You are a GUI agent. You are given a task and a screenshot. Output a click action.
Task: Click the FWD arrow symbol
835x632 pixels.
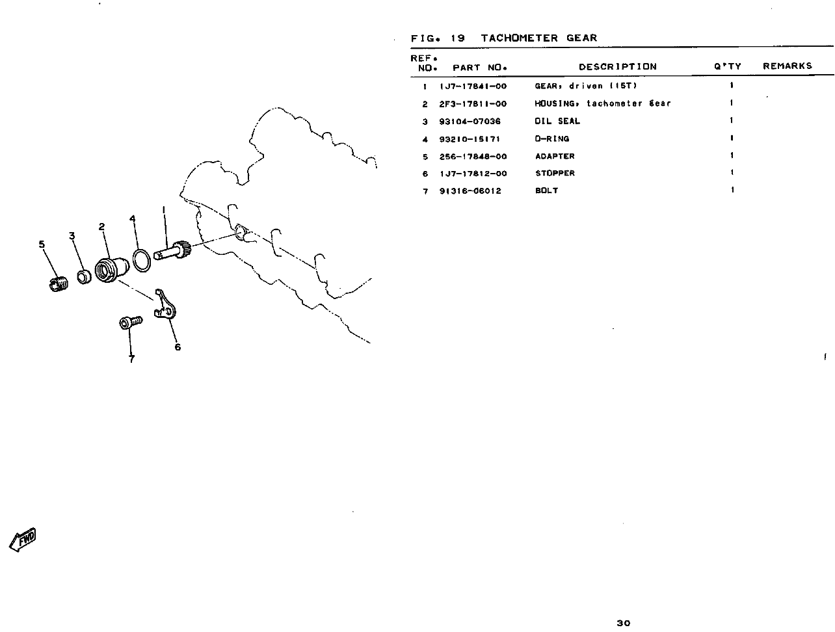pyautogui.click(x=23, y=539)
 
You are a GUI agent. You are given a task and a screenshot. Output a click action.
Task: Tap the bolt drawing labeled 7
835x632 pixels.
pyautogui.click(x=131, y=322)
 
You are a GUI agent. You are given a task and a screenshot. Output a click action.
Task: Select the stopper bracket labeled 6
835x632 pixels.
pyautogui.click(x=165, y=304)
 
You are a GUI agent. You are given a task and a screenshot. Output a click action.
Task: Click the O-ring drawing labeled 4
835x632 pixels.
pyautogui.click(x=142, y=261)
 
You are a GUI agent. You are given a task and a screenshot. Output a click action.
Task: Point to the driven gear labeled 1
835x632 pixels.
pyautogui.click(x=172, y=250)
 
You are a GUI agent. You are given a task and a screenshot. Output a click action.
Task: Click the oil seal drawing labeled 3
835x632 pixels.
pyautogui.click(x=84, y=276)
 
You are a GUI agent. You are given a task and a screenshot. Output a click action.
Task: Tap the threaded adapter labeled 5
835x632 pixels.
pyautogui.click(x=59, y=284)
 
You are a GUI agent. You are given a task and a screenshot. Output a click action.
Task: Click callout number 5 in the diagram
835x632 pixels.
pyautogui.click(x=42, y=244)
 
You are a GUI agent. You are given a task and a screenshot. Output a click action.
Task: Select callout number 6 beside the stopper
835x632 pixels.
pyautogui.click(x=178, y=347)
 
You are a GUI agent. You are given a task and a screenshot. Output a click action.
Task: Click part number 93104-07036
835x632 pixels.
pyautogui.click(x=470, y=122)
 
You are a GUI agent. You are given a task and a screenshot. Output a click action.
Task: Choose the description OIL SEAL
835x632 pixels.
pyautogui.click(x=557, y=121)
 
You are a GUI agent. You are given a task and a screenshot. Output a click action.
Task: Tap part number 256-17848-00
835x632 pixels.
pyautogui.click(x=473, y=156)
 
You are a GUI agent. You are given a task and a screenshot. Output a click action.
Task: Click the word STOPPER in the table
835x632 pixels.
pyautogui.click(x=555, y=173)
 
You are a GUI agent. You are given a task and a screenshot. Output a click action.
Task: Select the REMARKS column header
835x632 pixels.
pyautogui.click(x=787, y=66)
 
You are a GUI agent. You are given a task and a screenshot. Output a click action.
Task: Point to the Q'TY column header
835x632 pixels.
pyautogui.click(x=727, y=66)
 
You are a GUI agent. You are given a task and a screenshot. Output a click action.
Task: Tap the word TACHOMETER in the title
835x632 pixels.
pyautogui.click(x=519, y=38)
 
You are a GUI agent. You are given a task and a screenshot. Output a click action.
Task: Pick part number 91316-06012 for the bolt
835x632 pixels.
pyautogui.click(x=470, y=191)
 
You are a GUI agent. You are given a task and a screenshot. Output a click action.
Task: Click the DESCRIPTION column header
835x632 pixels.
pyautogui.click(x=617, y=66)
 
